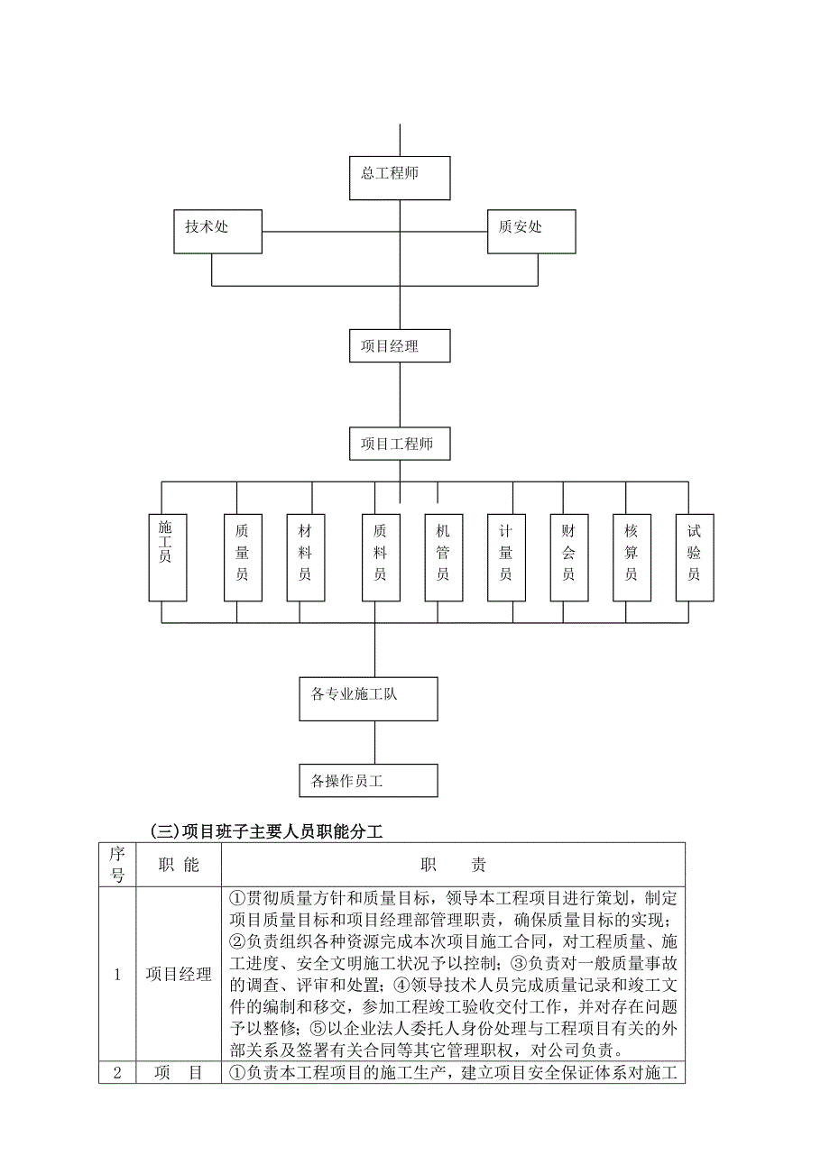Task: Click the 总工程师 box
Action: coord(399,178)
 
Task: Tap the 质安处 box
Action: coord(530,232)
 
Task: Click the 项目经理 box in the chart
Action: coord(399,346)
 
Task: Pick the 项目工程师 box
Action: coord(399,445)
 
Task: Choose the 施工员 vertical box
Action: coord(167,557)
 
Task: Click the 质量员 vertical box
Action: coord(243,557)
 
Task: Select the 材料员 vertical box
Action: coord(306,557)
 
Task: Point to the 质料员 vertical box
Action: coord(381,557)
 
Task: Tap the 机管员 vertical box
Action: coord(443,557)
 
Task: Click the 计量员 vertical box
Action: coord(506,557)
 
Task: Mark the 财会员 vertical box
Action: coord(569,557)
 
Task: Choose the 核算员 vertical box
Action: coord(632,557)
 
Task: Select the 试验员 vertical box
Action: coord(694,557)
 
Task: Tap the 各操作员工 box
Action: coord(369,781)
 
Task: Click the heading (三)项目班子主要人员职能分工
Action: coord(266,831)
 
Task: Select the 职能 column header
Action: coord(178,865)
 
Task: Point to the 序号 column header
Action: coord(116,865)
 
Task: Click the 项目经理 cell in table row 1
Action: coord(178,975)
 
